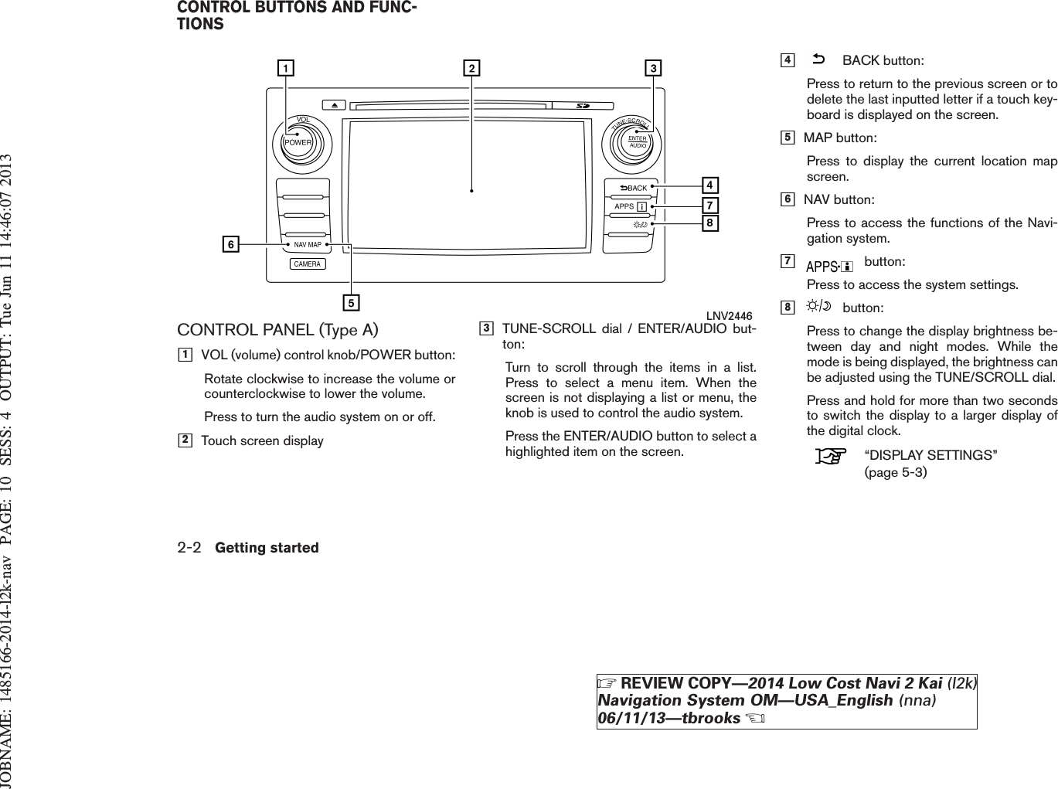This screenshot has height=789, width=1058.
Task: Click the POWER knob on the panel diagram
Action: coord(298,141)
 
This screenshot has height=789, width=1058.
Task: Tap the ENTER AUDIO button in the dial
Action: coord(638,141)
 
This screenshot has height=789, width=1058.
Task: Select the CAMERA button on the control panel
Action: coord(308,264)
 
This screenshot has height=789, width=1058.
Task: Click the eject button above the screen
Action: coord(333,105)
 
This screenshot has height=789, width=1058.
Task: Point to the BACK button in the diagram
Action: coord(633,188)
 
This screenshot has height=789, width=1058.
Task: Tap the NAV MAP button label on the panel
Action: coord(308,244)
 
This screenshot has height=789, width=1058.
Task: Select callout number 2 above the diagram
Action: coord(471,69)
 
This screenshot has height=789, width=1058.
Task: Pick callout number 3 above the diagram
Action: coord(653,69)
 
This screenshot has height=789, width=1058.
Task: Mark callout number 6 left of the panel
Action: coord(230,245)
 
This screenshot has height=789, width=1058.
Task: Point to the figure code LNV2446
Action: coord(729,315)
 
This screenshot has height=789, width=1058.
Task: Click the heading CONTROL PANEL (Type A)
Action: coord(278,330)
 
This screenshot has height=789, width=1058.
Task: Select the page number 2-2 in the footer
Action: coord(189,547)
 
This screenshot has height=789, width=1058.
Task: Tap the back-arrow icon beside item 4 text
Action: coord(818,60)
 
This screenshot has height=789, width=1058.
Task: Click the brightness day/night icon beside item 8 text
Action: coord(818,308)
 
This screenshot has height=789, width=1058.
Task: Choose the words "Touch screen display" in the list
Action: coord(262,440)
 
